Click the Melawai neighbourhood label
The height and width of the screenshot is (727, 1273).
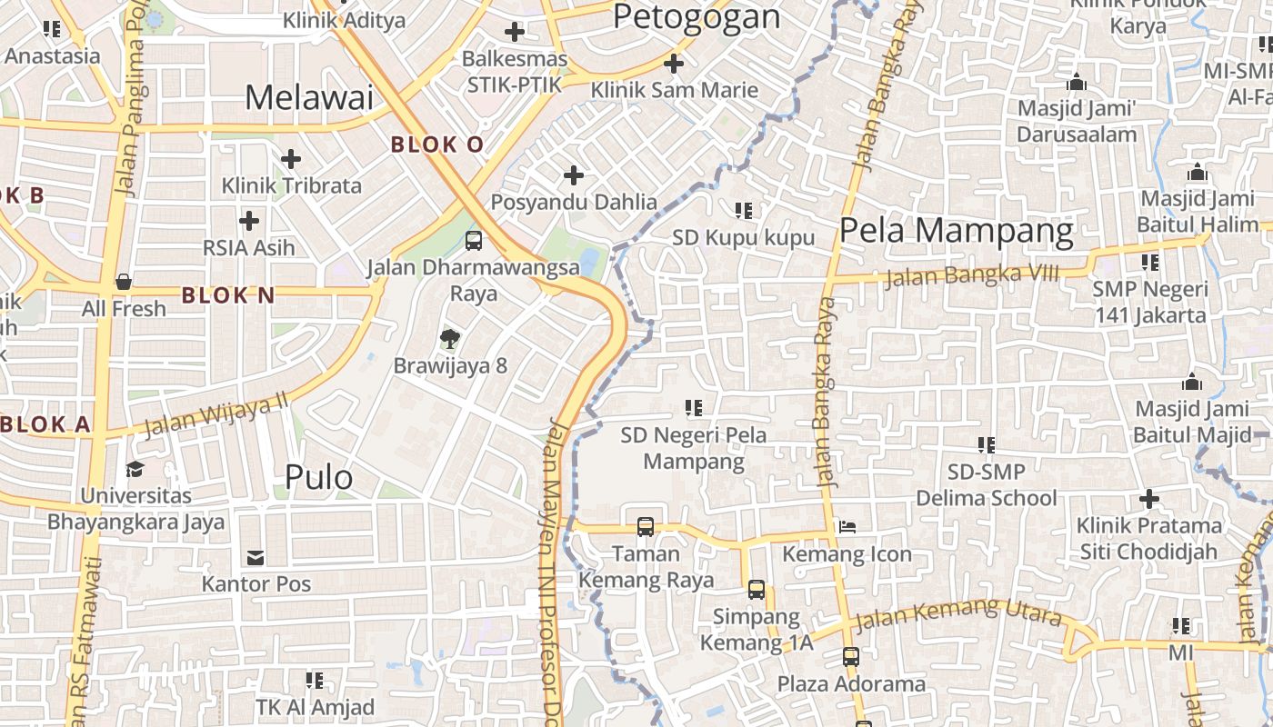309,97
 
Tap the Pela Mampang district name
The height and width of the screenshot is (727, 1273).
956,231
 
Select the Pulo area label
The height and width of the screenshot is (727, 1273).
318,477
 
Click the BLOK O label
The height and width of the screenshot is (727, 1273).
437,144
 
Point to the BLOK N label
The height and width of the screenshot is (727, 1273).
228,295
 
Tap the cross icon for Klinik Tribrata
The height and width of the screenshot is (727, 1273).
291,160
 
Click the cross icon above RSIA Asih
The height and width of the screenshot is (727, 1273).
248,221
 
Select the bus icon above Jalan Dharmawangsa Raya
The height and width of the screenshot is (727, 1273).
474,241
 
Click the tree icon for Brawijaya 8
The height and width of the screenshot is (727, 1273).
449,340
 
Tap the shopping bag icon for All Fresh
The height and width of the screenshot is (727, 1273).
124,283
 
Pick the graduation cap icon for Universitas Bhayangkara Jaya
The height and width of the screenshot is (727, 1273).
135,470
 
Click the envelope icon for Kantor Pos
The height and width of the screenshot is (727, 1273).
256,557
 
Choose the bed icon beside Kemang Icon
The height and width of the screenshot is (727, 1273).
847,527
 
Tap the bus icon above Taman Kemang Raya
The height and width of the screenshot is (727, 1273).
646,526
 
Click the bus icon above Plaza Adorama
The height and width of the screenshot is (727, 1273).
851,656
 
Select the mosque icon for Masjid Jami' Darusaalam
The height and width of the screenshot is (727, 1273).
1077,83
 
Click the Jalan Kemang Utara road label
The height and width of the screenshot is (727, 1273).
957,615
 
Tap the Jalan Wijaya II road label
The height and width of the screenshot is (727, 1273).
216,414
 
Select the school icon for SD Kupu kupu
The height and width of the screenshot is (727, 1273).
744,211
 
